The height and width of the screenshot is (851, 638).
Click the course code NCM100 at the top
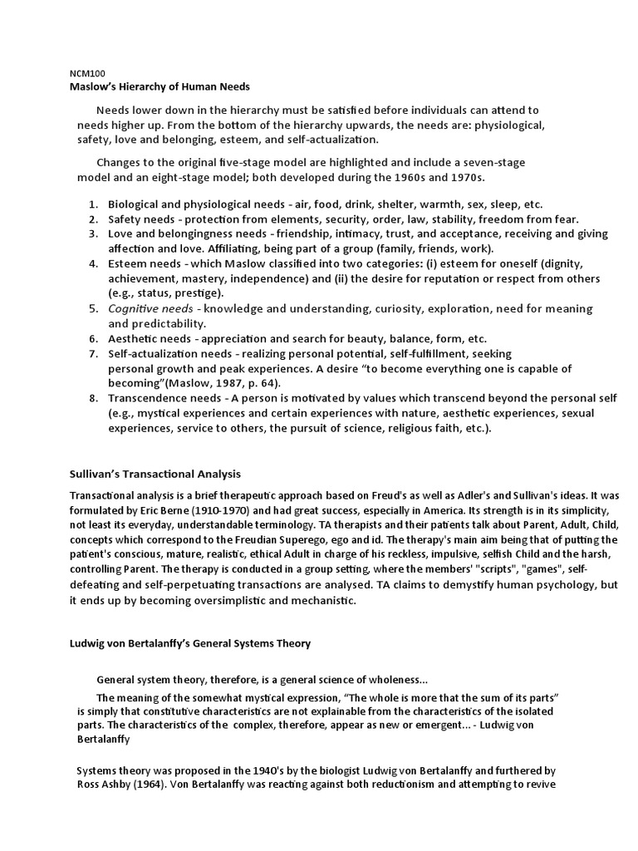pyautogui.click(x=86, y=73)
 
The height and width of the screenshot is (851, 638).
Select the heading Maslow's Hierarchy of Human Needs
pyautogui.click(x=158, y=86)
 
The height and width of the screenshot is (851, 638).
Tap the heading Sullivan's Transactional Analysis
pyautogui.click(x=154, y=474)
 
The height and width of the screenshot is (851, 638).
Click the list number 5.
pyautogui.click(x=93, y=309)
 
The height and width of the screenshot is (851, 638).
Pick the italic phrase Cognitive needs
pyautogui.click(x=150, y=309)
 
